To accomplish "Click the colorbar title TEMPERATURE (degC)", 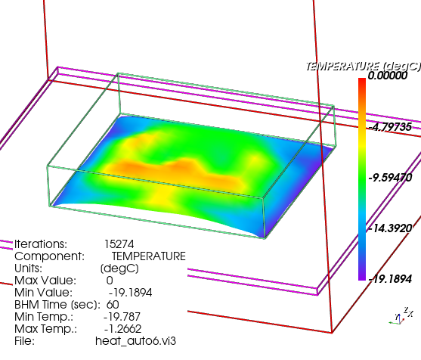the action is tap(364, 66).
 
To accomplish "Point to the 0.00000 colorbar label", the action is tap(388, 76).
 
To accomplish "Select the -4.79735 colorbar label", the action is tap(390, 127).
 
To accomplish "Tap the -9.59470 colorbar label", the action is tap(390, 178).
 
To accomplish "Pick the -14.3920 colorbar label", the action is tap(390, 228).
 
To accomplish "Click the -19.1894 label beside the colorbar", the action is tap(390, 279).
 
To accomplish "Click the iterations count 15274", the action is tap(119, 244).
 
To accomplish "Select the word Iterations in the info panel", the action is tap(39, 244).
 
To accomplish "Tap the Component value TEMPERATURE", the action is tap(148, 256).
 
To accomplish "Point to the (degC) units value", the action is tap(119, 268).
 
